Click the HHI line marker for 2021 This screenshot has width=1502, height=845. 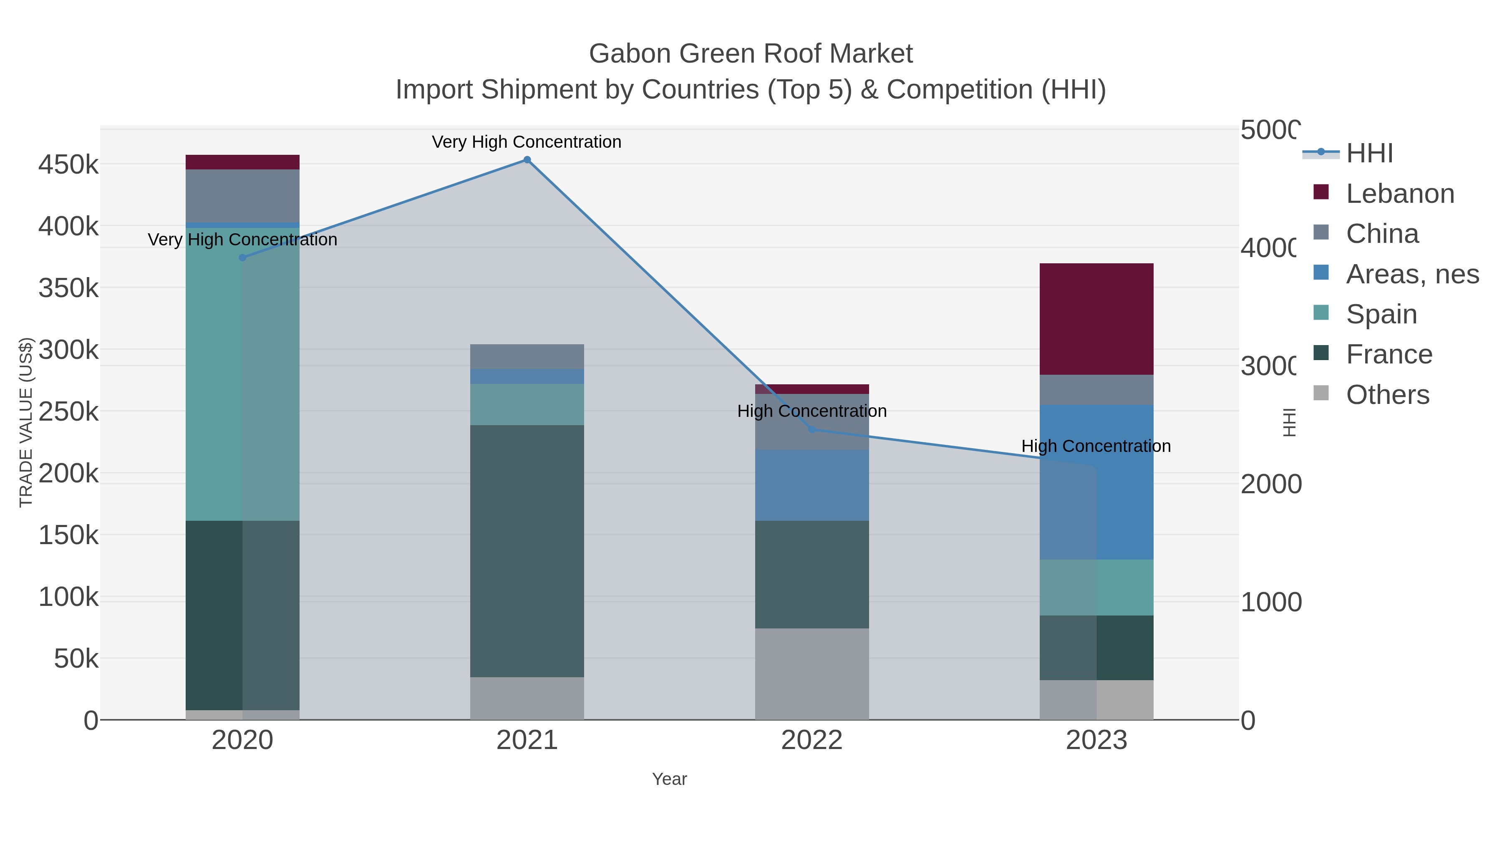tap(527, 160)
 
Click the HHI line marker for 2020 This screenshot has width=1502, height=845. tap(242, 258)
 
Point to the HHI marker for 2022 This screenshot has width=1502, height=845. tap(811, 429)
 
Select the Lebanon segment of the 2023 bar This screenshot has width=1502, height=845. tap(1096, 319)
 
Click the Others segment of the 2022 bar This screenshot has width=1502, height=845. tap(811, 673)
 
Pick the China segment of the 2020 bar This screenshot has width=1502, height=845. tap(242, 195)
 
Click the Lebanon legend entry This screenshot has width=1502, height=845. tap(1399, 194)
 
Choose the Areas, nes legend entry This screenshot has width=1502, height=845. tap(1411, 274)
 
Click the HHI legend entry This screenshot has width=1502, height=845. tap(1368, 154)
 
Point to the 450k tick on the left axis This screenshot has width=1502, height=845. tap(68, 165)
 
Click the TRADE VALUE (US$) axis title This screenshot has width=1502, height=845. tap(26, 422)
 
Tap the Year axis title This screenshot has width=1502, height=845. tap(669, 779)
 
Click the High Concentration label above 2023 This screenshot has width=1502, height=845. tap(1096, 446)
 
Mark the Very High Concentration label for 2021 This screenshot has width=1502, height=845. tap(527, 142)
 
